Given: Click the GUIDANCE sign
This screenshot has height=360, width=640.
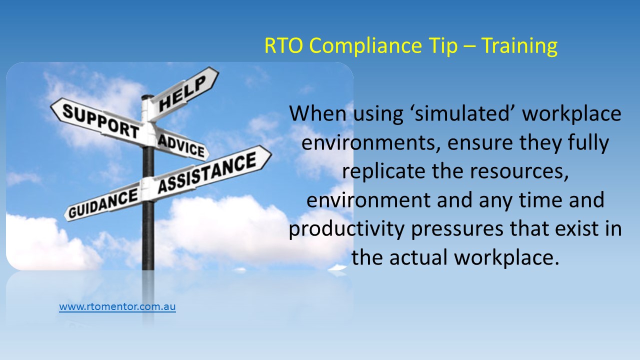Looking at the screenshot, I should click(103, 203).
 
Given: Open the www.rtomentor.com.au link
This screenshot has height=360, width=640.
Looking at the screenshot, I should click(117, 306).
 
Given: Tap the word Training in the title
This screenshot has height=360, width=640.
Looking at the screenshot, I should click(519, 46).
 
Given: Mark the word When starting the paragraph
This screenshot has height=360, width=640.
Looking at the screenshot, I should click(317, 113).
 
